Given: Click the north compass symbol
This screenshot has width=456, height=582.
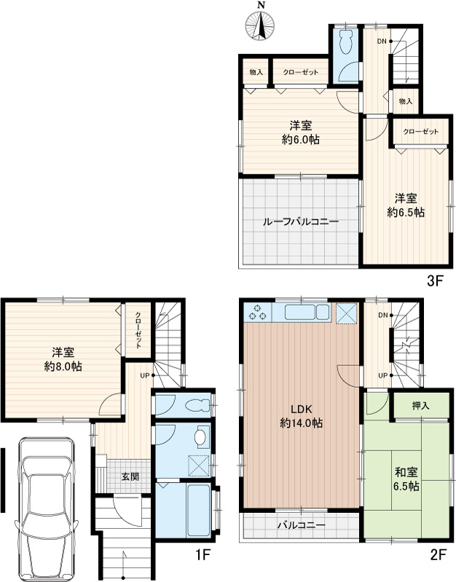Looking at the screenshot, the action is [260, 25].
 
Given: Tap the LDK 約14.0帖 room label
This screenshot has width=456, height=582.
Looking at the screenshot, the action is [301, 415].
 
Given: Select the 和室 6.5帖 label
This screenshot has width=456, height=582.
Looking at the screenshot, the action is [406, 479].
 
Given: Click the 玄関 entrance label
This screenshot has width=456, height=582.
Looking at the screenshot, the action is [130, 477].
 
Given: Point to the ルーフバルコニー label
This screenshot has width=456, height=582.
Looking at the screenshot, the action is [301, 222].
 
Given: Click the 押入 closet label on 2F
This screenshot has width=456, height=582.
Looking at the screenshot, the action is [421, 406].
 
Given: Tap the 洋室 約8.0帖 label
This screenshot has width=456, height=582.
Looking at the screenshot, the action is [63, 359].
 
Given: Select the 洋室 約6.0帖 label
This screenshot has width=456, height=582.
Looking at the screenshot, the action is [301, 132].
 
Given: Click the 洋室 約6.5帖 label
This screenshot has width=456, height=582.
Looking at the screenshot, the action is [406, 205].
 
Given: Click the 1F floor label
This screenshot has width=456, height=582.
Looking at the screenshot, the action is [203, 555].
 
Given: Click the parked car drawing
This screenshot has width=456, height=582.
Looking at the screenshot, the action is [47, 509].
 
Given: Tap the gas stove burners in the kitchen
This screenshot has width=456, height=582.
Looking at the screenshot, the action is [258, 313].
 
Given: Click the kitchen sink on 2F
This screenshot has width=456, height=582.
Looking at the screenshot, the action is [307, 313].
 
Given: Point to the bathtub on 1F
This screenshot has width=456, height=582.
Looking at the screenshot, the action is [199, 509].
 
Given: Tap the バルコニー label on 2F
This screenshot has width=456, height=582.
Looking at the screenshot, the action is [302, 525].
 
